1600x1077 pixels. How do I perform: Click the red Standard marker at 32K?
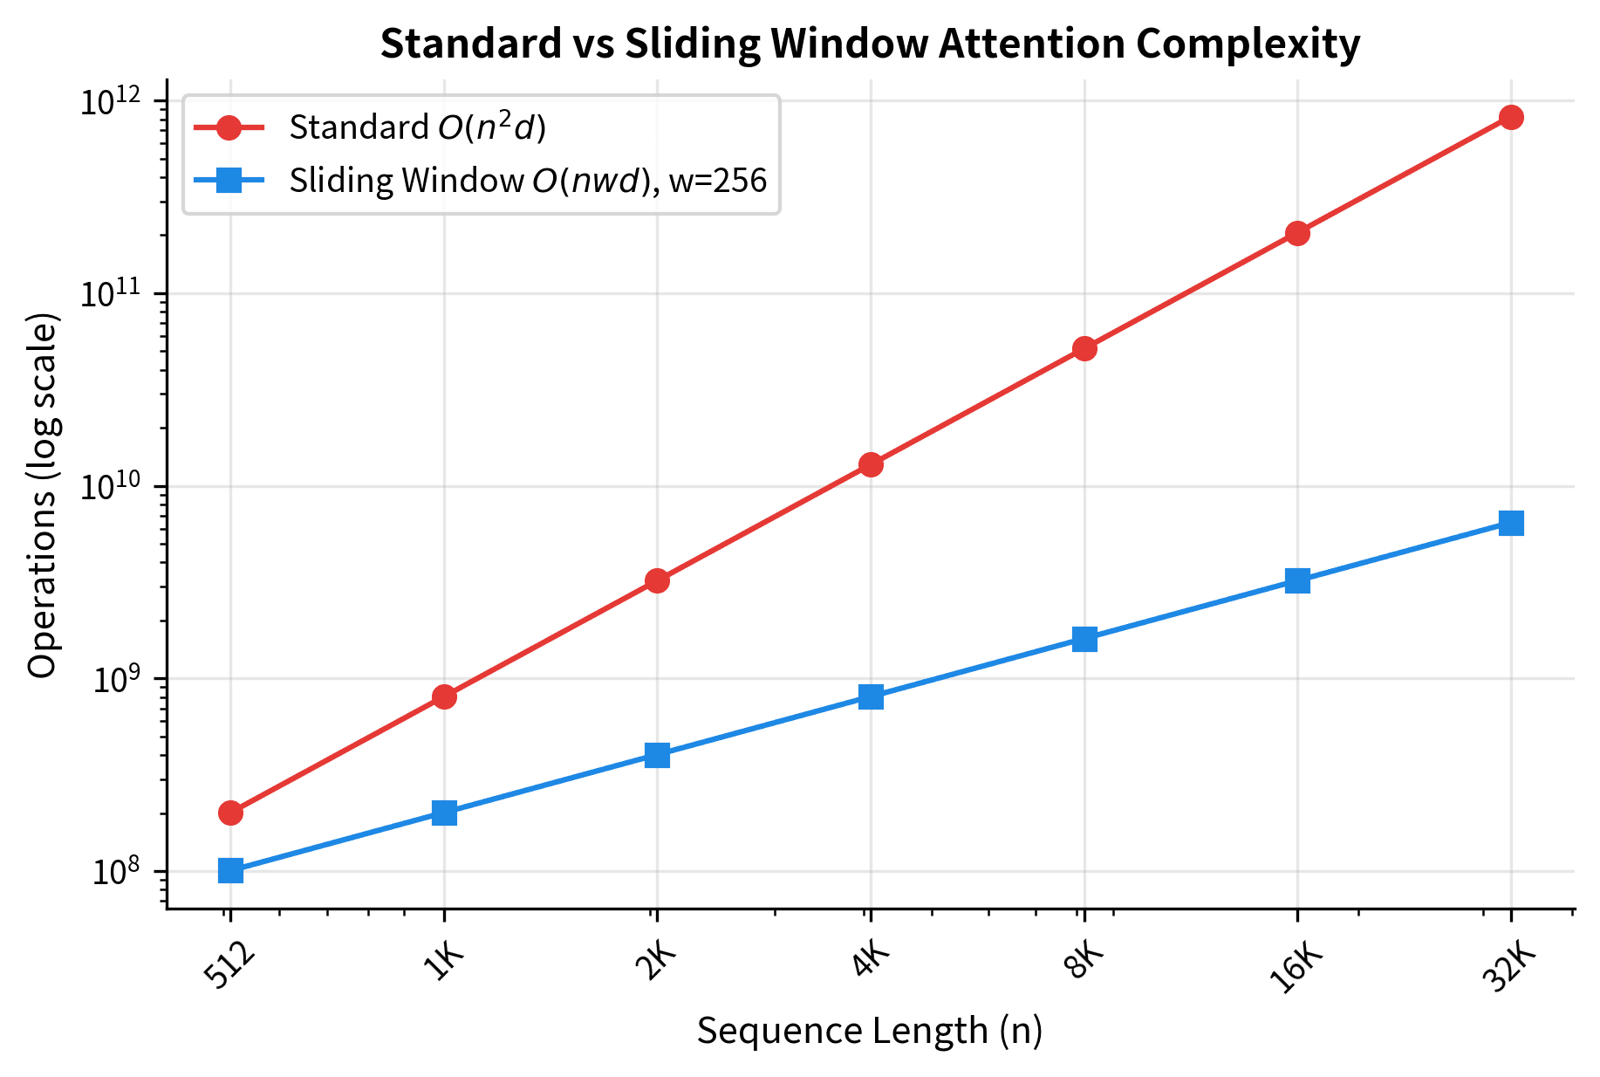[1511, 118]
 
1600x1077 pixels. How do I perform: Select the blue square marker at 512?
[230, 870]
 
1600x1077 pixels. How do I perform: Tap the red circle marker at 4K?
[871, 464]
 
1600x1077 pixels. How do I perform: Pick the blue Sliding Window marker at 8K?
[1084, 639]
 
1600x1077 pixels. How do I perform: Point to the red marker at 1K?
[444, 696]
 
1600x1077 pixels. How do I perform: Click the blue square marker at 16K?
[1297, 580]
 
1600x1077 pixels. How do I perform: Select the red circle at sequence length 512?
[230, 813]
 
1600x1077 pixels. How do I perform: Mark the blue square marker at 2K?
[657, 755]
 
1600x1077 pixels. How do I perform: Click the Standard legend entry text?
[417, 127]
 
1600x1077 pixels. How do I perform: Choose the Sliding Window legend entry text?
[528, 181]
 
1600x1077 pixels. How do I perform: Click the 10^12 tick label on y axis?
[112, 101]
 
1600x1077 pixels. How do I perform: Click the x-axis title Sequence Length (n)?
[870, 1031]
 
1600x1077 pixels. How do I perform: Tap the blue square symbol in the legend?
[229, 181]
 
